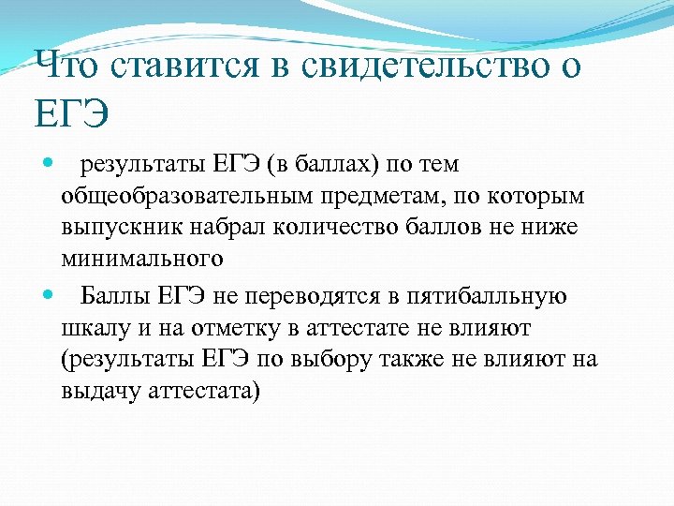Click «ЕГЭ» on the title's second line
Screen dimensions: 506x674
coord(71,117)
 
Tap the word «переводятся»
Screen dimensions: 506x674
coord(305,298)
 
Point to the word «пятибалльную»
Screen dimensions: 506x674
coord(487,298)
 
